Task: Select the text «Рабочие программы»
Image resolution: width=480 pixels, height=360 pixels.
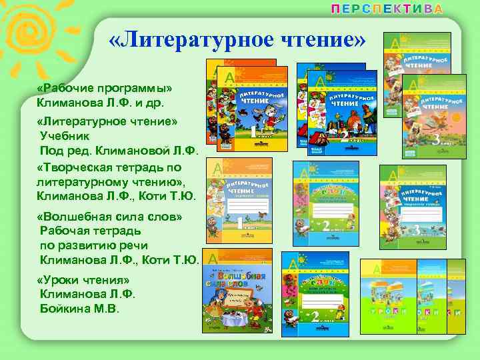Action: pos(105,90)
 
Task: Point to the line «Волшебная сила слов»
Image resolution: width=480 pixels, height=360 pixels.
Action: pos(109,217)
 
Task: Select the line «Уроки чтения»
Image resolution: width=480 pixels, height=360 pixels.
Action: pos(83,279)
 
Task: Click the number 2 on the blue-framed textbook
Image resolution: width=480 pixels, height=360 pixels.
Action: pos(345,137)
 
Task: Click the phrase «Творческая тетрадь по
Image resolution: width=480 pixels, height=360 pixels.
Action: pos(110,167)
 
